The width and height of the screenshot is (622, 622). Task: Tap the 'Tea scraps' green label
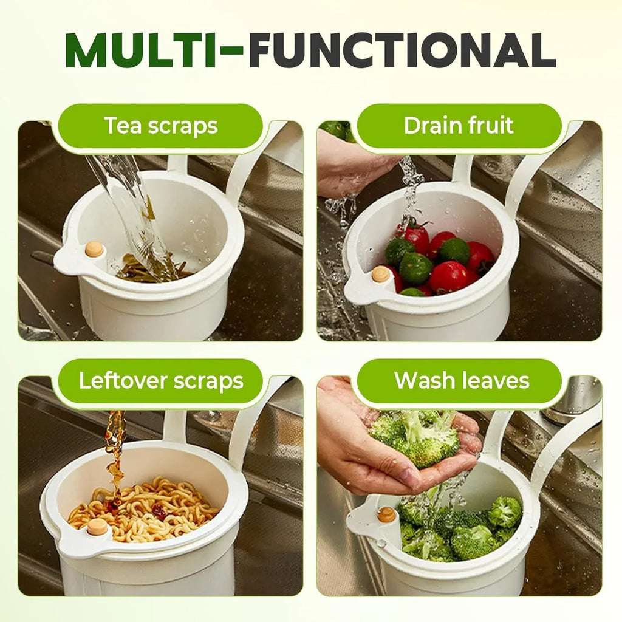pyautogui.click(x=160, y=126)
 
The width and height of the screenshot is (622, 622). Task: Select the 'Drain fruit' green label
pyautogui.click(x=459, y=126)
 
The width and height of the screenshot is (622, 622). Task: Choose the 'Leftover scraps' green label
pyautogui.click(x=160, y=381)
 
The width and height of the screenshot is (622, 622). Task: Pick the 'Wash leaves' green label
pyautogui.click(x=461, y=381)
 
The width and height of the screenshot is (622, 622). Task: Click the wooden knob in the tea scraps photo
pyautogui.click(x=94, y=249)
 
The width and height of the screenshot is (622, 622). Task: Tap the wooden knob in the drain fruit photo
pyautogui.click(x=381, y=275)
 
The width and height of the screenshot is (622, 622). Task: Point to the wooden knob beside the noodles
pyautogui.click(x=97, y=527)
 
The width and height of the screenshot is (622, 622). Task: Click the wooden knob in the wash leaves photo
pyautogui.click(x=386, y=515)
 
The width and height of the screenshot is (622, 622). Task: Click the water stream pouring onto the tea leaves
pyautogui.click(x=131, y=207)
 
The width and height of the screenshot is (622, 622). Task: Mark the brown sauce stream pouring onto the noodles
pyautogui.click(x=114, y=449)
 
